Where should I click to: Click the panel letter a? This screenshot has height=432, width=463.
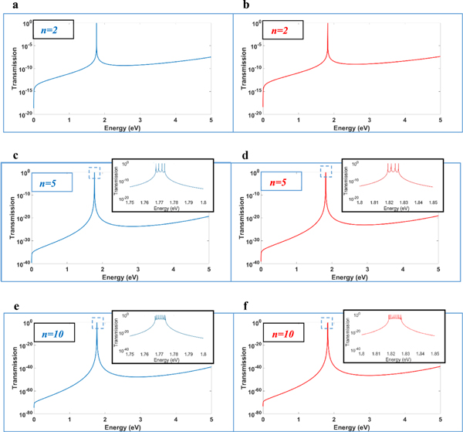(x=5, y=6)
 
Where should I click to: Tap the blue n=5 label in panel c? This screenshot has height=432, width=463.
(x=54, y=184)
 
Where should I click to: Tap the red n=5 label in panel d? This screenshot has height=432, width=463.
(x=282, y=184)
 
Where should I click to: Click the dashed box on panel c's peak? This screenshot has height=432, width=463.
(x=95, y=172)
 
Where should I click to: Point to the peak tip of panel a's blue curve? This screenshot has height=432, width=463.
(x=96, y=25)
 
